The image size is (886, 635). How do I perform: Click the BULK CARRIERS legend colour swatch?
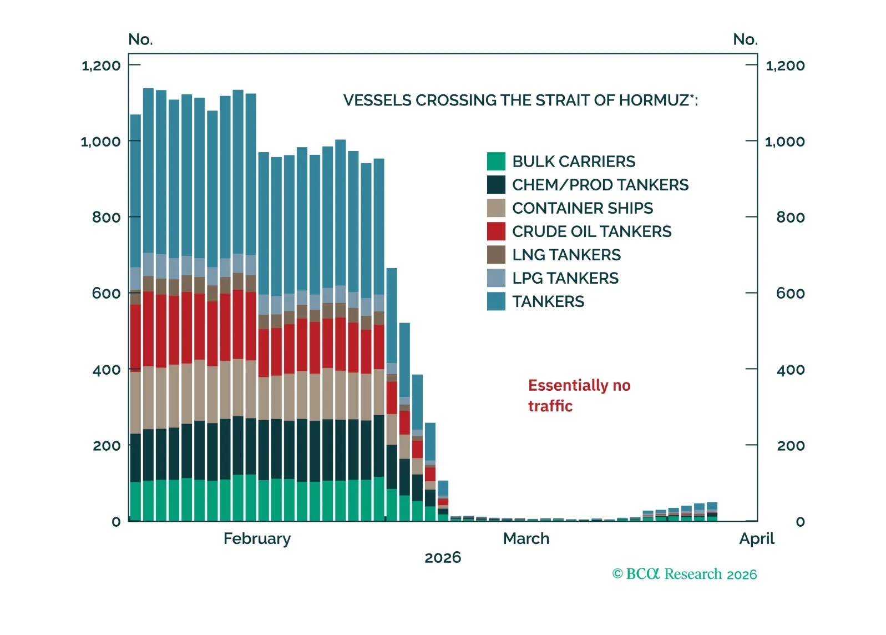[496, 162]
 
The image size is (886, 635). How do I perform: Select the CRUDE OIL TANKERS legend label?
[591, 231]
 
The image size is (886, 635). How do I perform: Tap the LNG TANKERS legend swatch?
[496, 255]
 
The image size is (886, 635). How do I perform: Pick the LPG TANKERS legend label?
[565, 278]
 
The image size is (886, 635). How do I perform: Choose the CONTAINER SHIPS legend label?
[582, 208]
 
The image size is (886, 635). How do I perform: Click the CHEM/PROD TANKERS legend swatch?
[496, 185]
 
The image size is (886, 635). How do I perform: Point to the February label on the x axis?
[257, 538]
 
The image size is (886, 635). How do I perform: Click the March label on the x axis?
[526, 538]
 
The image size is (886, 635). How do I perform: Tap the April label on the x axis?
[757, 538]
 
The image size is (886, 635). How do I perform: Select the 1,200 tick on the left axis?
[101, 65]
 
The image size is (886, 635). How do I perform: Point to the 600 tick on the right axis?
[790, 293]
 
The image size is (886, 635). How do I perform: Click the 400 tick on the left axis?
[106, 369]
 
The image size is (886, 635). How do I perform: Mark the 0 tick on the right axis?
[800, 522]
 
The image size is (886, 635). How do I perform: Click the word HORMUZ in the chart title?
[654, 100]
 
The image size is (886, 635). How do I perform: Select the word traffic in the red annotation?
[550, 406]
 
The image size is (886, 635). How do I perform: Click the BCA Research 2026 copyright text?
[684, 574]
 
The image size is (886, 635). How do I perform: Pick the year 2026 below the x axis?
[443, 557]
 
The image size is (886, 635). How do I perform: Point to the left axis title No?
[140, 39]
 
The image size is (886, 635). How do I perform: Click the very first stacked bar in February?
[135, 317]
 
